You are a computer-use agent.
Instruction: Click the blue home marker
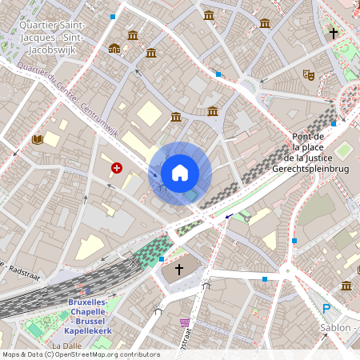pyautogui.click(x=180, y=173)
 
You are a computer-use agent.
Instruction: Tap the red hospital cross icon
pyautogui.click(x=118, y=168)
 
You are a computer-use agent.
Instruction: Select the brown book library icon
pyautogui.click(x=37, y=139)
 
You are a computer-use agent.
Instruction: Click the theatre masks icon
pyautogui.click(x=308, y=74)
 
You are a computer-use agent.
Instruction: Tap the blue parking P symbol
pyautogui.click(x=326, y=309)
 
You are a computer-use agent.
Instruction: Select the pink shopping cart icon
pyautogui.click(x=186, y=322)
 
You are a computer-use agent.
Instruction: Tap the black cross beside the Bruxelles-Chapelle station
pyautogui.click(x=179, y=270)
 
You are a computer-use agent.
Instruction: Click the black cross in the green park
pyautogui.click(x=333, y=34)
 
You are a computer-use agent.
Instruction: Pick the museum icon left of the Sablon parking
pyautogui.click(x=346, y=286)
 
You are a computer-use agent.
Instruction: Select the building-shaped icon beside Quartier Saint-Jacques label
pyautogui.click(x=114, y=48)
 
